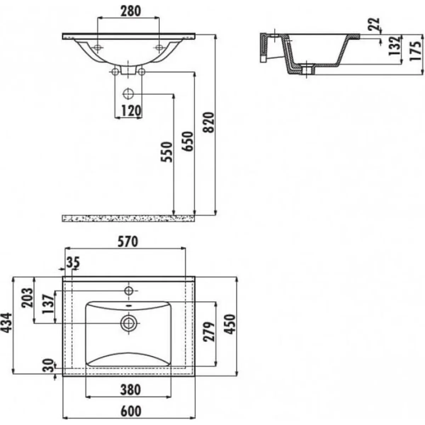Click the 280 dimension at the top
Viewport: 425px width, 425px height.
(130, 11)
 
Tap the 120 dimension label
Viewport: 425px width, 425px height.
(131, 111)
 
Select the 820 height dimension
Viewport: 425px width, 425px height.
(209, 122)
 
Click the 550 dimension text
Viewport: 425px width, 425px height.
(166, 152)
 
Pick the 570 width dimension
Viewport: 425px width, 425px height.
(128, 242)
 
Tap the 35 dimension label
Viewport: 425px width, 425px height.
(73, 263)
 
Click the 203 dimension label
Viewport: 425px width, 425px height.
(27, 297)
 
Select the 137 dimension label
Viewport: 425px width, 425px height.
(48, 304)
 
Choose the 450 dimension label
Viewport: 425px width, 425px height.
(231, 324)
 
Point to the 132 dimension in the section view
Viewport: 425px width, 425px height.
(395, 46)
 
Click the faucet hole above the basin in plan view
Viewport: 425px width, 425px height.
(128, 291)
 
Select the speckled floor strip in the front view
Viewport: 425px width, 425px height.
(128, 218)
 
